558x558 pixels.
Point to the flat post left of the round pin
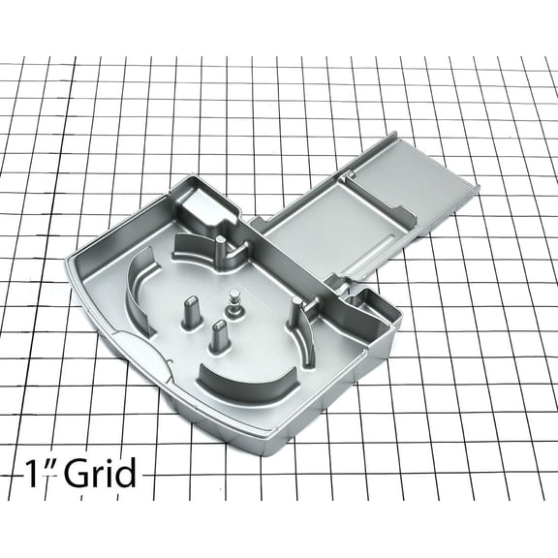pyautogui.click(x=187, y=316)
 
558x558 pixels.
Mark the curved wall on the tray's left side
pyautogui.click(x=139, y=289)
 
